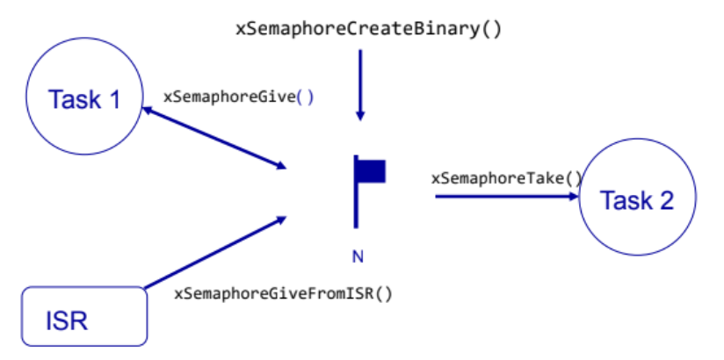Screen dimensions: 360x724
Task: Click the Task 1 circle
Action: (x=83, y=98)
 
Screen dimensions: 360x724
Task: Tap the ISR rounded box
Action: (x=83, y=314)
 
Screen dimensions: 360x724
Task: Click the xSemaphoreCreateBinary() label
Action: (x=368, y=28)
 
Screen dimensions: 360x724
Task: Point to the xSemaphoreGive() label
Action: (x=238, y=97)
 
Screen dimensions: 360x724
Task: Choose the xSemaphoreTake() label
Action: (x=506, y=178)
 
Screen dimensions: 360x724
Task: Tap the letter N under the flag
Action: (x=358, y=256)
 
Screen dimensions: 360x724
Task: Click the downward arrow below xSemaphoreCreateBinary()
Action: (x=359, y=84)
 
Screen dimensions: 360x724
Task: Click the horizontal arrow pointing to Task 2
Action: (x=505, y=197)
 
